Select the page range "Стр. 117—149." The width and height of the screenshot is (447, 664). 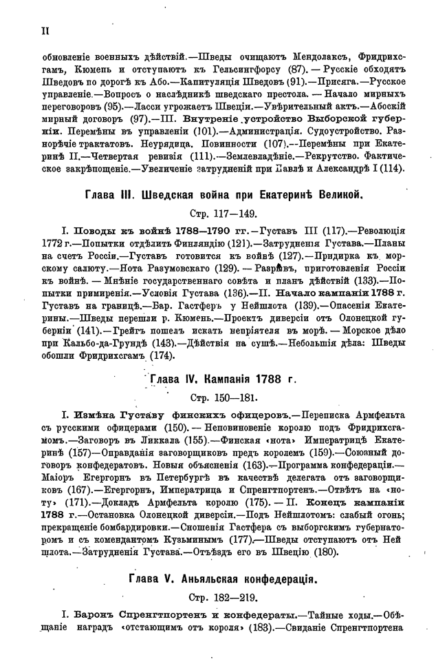[x=223, y=214]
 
